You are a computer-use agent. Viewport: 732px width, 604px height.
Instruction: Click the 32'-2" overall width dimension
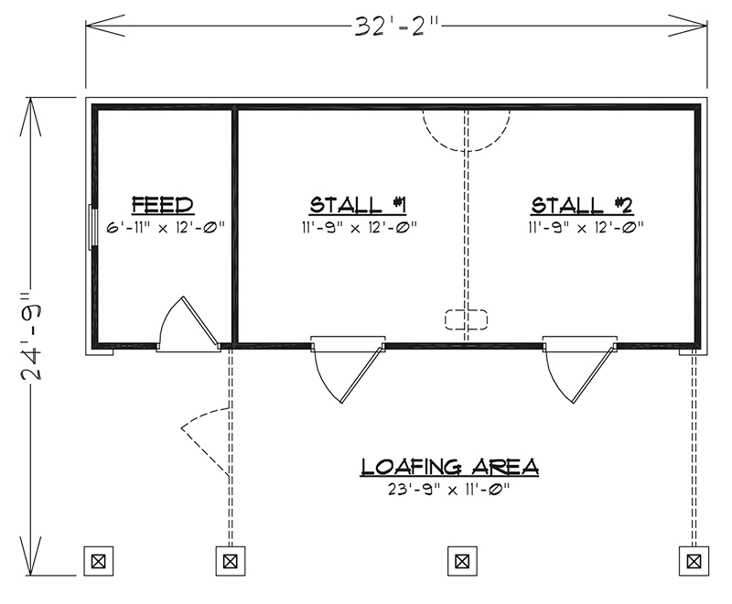coord(396,27)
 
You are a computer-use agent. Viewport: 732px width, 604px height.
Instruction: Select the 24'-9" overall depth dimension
coord(31,336)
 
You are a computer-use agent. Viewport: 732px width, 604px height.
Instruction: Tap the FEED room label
coord(163,205)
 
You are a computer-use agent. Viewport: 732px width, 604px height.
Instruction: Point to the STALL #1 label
coord(358,205)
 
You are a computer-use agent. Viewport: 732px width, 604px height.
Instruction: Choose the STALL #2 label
coord(582,205)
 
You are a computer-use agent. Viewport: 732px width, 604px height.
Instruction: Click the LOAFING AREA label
coord(449,467)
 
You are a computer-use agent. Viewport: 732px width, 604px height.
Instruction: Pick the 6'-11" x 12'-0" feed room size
coord(166,228)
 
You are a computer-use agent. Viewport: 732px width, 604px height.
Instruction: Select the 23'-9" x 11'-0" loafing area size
coord(448,490)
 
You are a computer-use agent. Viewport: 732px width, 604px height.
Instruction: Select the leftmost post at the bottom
coord(98,561)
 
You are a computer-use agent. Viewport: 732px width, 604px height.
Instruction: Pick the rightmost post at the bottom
coord(694,561)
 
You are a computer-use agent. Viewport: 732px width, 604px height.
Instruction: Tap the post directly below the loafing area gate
coord(231,561)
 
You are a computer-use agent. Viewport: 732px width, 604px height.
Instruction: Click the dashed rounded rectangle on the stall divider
coord(466,319)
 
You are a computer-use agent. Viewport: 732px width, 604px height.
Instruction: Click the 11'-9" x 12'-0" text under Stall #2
coord(586,228)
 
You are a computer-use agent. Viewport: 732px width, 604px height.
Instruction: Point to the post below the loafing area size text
coord(462,561)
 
